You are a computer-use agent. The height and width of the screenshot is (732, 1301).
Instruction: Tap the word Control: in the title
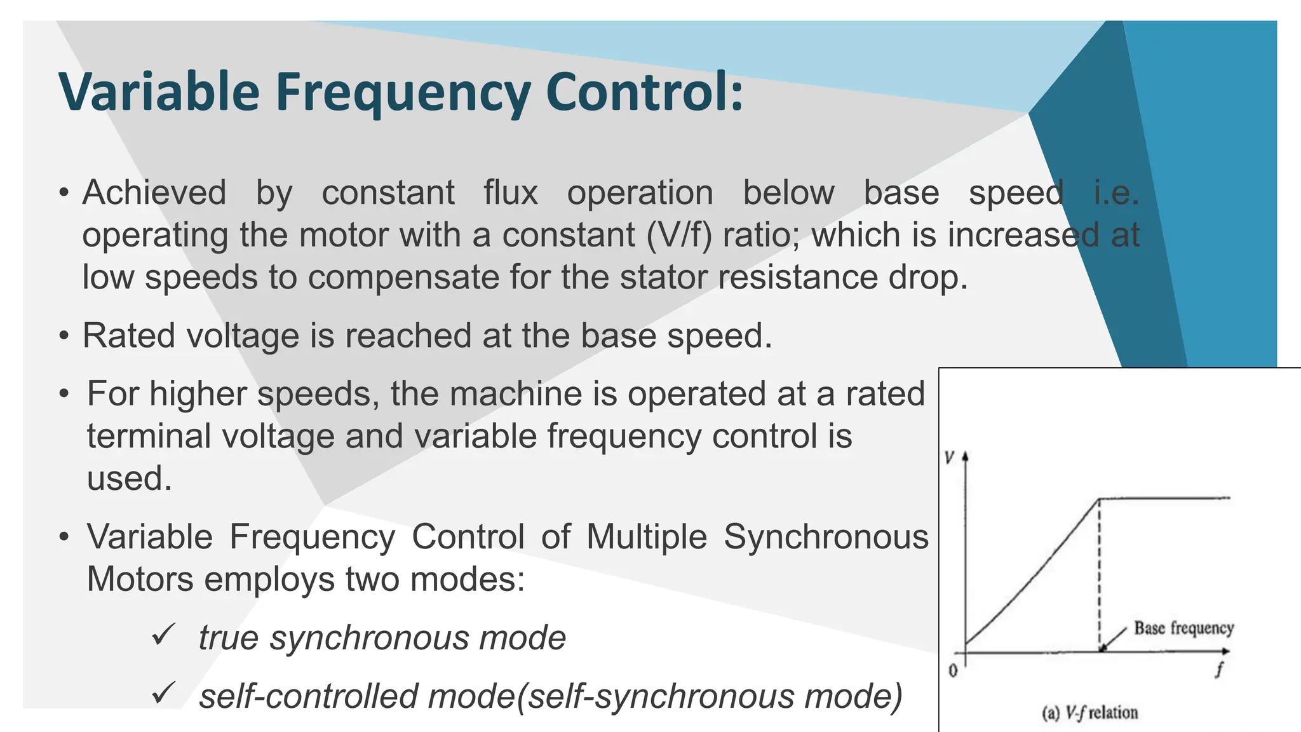[644, 92]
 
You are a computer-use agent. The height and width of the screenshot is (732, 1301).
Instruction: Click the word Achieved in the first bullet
[154, 193]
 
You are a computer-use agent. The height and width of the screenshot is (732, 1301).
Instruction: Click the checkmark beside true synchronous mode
[163, 634]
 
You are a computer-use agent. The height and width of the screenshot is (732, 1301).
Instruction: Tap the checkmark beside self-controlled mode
[163, 693]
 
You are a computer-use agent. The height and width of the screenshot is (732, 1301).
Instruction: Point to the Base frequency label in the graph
[1183, 628]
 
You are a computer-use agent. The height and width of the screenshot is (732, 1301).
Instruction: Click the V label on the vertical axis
[950, 457]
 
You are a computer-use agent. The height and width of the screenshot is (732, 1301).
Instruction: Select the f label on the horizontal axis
[1219, 669]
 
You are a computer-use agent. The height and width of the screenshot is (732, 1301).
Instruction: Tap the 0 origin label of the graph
[953, 670]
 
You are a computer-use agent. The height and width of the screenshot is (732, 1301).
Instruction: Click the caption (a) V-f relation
[1089, 713]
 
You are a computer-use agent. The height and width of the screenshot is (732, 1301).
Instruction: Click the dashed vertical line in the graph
[1100, 572]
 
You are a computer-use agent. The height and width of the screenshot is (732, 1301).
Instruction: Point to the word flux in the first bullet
[511, 193]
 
